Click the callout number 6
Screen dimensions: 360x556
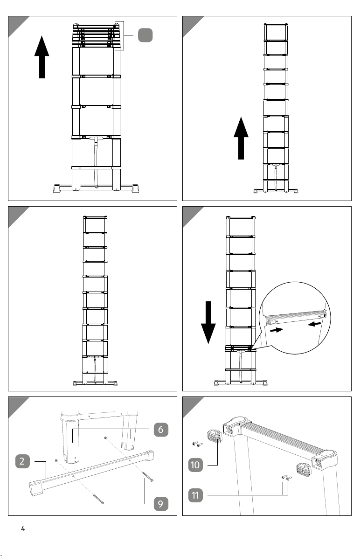point(161,430)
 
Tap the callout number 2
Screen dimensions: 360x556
point(22,461)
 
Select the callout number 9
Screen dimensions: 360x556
point(161,504)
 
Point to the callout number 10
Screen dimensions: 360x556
point(195,465)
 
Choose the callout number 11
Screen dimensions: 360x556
point(195,495)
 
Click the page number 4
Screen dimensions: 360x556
point(23,528)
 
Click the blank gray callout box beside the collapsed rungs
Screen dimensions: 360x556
point(145,35)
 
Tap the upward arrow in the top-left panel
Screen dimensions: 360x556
point(42,57)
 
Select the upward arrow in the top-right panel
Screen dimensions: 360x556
point(241,138)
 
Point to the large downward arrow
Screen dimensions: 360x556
point(208,323)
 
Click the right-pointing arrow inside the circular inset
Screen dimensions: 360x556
point(277,330)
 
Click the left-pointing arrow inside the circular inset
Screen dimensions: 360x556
point(315,324)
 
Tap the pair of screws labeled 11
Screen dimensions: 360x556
point(287,478)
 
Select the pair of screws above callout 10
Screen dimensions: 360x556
point(197,444)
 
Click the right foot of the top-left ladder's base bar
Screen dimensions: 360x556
point(135,188)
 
